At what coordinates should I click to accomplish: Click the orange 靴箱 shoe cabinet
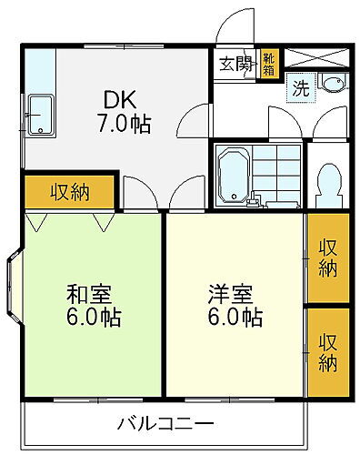point(270,66)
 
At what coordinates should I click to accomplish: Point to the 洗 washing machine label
point(299,89)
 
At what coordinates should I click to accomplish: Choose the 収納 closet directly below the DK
point(69,192)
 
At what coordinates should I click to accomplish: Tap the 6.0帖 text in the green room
point(93,318)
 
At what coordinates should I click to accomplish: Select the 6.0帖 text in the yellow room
point(234,318)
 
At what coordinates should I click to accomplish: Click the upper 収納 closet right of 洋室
point(327,257)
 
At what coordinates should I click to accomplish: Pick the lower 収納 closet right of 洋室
point(327,351)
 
